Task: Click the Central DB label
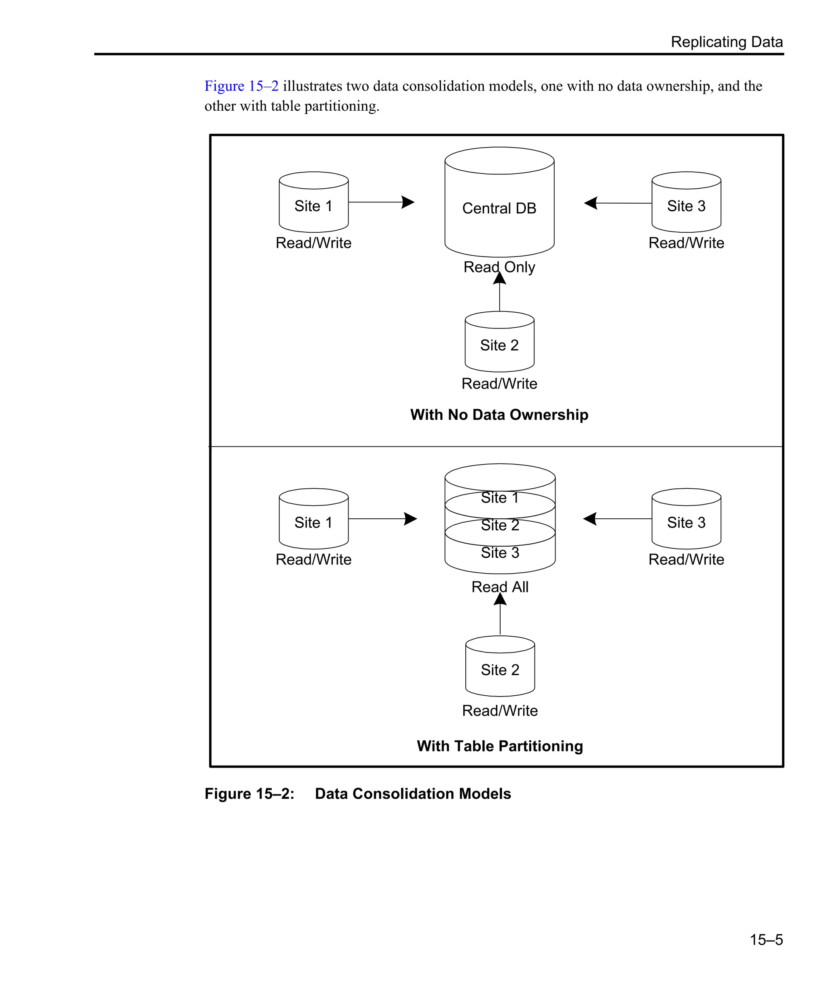(499, 208)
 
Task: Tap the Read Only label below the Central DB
(499, 267)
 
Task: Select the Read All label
(500, 587)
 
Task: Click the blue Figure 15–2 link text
(241, 86)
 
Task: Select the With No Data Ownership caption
(499, 415)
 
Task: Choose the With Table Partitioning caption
(500, 746)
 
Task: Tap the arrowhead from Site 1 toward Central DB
(408, 202)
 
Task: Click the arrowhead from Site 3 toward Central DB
(591, 203)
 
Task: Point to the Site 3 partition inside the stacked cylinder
(500, 553)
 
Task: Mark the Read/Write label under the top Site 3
(686, 243)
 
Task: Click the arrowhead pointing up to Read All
(500, 600)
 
